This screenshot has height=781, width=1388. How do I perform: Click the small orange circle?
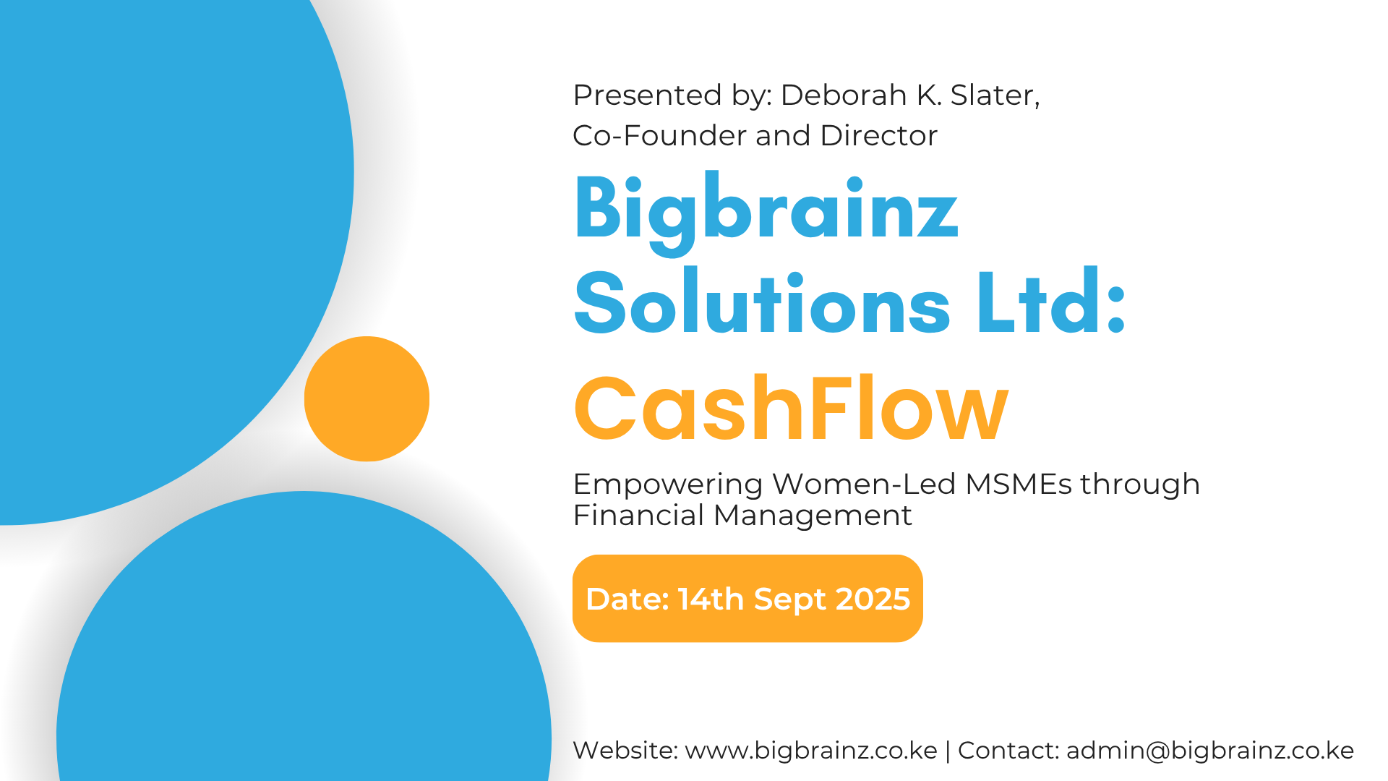tap(367, 399)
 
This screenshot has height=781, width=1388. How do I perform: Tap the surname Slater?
tap(995, 95)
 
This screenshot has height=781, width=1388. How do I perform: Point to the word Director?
tap(878, 135)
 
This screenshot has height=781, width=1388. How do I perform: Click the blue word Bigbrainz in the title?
tap(766, 210)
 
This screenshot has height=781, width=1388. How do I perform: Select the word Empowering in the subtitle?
tap(668, 485)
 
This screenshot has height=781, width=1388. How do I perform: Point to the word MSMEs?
tap(1019, 483)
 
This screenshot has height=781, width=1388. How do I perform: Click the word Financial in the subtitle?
tap(638, 515)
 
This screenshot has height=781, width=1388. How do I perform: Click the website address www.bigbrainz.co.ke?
tap(811, 751)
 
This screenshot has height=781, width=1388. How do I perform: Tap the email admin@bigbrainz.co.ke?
tap(1210, 751)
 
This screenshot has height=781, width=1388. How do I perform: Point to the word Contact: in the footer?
tap(1008, 750)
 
